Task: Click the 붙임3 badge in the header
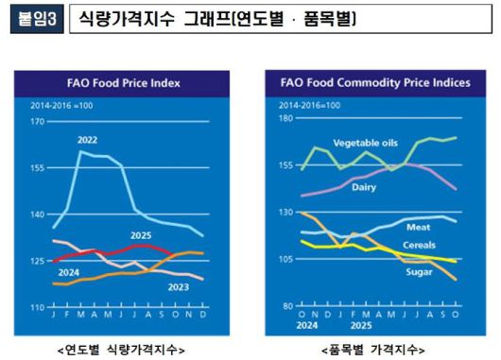pos(36,19)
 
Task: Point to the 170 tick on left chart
pos(37,122)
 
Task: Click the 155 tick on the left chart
pos(37,167)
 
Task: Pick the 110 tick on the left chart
pos(37,308)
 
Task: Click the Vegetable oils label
pos(367,143)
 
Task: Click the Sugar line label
pos(418,272)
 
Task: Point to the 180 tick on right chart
pos(281,119)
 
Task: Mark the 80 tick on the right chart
pos(283,306)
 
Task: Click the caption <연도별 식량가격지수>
pos(121,347)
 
